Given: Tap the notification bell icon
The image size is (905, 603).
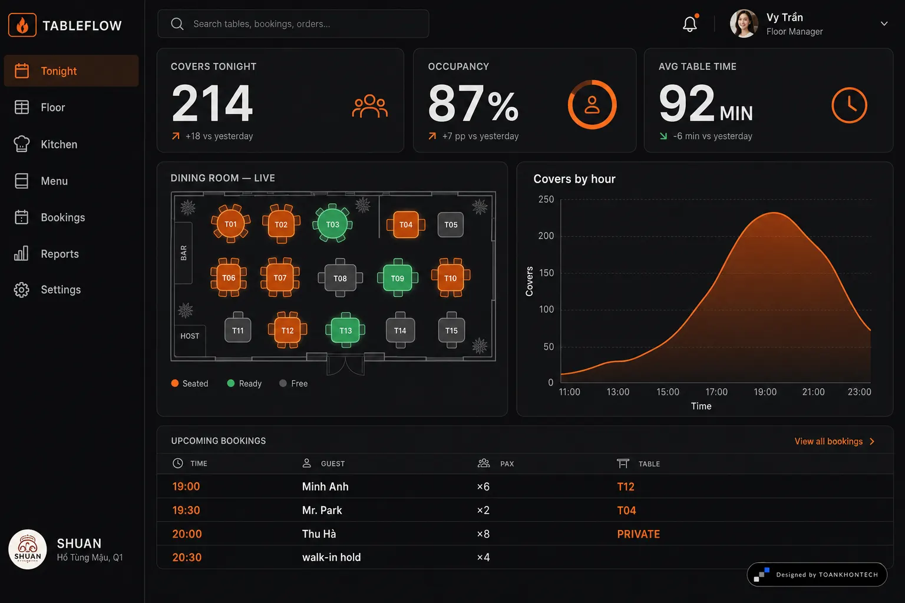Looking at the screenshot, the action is click(690, 24).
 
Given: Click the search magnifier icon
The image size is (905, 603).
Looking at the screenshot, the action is click(177, 24).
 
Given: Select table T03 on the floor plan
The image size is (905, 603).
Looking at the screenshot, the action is click(332, 224).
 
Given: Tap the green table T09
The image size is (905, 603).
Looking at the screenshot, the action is click(398, 278).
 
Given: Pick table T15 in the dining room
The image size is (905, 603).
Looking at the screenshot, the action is click(451, 330).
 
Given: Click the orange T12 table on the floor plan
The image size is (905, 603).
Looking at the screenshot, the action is click(288, 330).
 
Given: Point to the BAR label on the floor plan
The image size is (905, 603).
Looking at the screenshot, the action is click(183, 253).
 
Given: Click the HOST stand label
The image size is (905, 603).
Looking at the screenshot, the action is click(190, 336).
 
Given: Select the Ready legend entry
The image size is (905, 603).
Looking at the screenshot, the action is click(245, 383).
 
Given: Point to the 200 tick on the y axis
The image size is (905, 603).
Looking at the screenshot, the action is click(546, 236).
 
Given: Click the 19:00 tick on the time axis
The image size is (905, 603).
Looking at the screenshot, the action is click(765, 392).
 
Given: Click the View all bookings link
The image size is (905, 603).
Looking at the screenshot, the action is click(834, 441).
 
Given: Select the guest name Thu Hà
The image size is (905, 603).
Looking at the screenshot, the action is click(319, 534).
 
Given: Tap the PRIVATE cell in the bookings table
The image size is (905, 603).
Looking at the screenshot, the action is click(638, 534).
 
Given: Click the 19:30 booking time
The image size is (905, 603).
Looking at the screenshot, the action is click(186, 510).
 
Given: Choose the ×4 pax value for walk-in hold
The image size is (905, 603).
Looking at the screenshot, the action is click(483, 557).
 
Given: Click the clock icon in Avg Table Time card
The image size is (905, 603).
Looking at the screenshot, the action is click(849, 105).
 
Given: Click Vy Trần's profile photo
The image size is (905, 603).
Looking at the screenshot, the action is click(744, 24).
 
